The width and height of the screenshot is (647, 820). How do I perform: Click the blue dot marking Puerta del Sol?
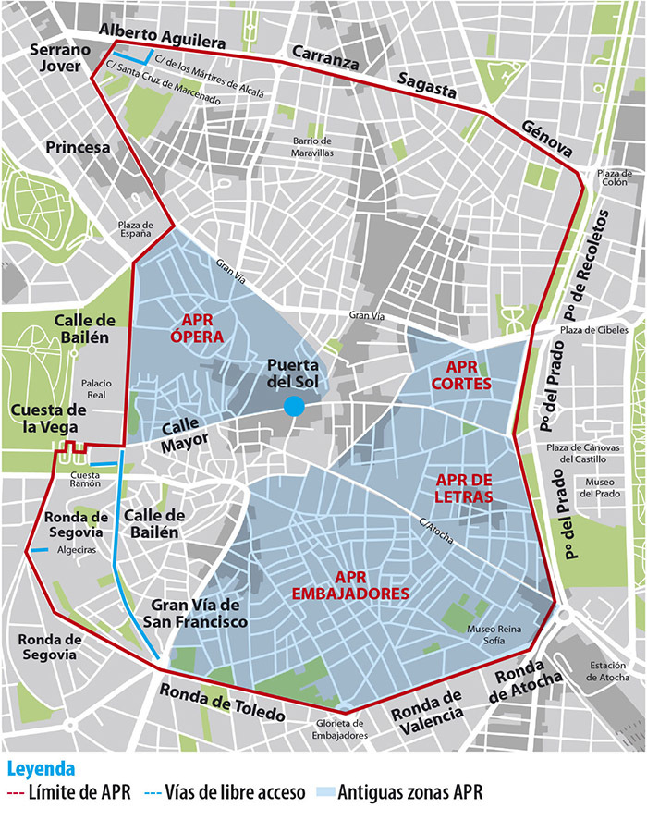pos(293,406)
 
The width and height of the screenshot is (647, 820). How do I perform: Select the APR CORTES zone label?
pos(460,373)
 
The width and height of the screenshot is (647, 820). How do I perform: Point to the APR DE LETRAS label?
pos(464,488)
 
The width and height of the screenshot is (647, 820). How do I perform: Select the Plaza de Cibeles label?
pos(593,330)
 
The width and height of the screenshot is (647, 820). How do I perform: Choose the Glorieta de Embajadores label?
pos(337,729)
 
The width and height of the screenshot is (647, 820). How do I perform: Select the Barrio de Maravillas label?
pos(311,147)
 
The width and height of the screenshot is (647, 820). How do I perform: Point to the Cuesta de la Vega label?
pos(48,418)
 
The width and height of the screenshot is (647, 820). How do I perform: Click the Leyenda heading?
pos(41,768)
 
